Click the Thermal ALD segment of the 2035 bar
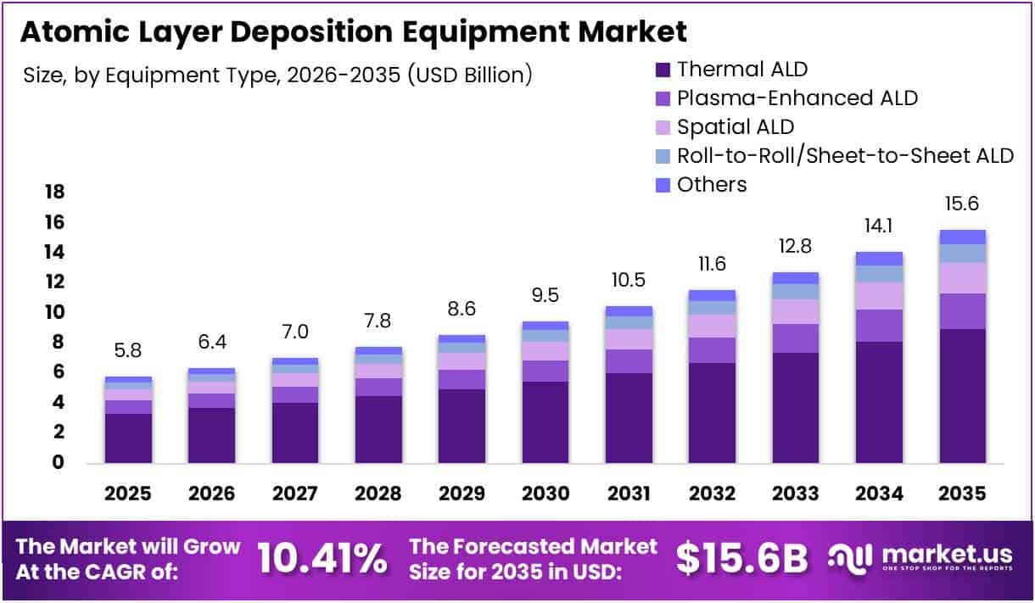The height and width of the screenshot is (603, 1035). (x=961, y=395)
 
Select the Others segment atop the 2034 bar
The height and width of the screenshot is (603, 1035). (x=878, y=259)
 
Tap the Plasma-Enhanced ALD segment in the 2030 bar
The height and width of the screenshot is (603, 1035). (x=545, y=371)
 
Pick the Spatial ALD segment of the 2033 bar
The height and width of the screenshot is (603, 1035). (x=795, y=311)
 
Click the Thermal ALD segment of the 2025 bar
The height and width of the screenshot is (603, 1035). (x=129, y=438)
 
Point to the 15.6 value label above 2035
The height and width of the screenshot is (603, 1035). (x=961, y=204)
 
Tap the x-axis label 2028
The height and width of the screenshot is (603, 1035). (x=378, y=494)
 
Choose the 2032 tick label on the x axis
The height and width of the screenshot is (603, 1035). (x=712, y=494)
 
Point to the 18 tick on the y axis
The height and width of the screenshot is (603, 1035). (x=53, y=193)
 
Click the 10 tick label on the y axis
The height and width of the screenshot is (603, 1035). (x=53, y=312)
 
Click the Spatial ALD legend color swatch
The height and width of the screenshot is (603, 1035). (x=663, y=127)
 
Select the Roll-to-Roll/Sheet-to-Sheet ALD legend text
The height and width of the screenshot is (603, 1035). (x=845, y=155)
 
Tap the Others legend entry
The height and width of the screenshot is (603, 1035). (x=711, y=184)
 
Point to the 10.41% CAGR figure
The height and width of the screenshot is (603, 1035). (x=322, y=559)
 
